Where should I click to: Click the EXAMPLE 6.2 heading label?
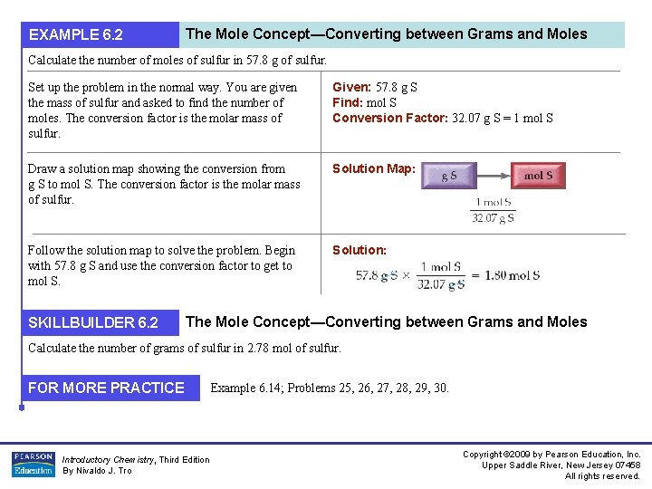(x=76, y=35)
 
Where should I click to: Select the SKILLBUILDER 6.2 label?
(x=93, y=322)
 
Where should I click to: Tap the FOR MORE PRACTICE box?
(x=106, y=388)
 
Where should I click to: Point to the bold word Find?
(x=348, y=103)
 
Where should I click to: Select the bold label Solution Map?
(x=374, y=168)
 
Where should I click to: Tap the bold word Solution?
(x=360, y=250)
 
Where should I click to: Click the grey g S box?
(x=449, y=177)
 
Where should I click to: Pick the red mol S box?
(x=538, y=177)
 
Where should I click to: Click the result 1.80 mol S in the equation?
(x=513, y=275)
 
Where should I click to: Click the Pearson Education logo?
(x=32, y=464)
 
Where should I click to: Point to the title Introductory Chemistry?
(x=109, y=459)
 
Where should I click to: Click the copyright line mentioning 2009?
(x=551, y=454)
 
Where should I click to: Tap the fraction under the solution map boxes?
(x=494, y=210)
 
